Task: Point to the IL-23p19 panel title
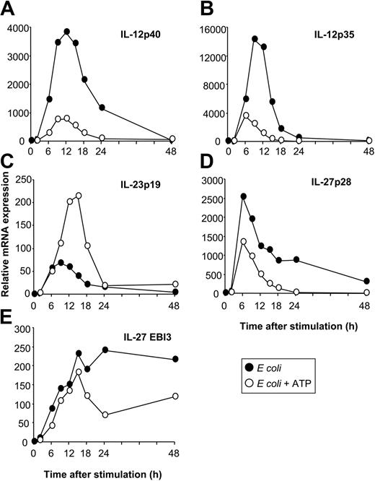click(x=141, y=196)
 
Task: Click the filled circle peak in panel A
click(x=87, y=32)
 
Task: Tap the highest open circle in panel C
click(x=99, y=196)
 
